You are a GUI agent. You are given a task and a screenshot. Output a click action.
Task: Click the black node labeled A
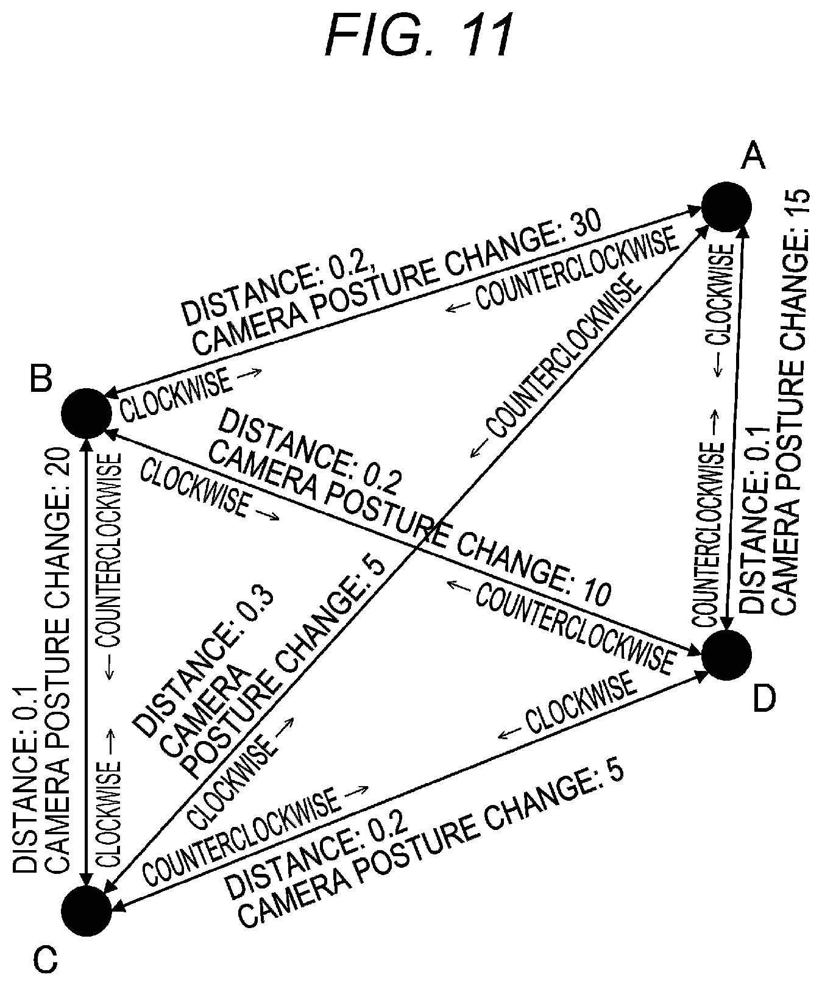click(x=726, y=207)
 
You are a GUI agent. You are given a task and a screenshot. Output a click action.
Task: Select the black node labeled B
click(x=87, y=413)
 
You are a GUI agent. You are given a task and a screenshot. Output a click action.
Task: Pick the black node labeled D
click(x=726, y=655)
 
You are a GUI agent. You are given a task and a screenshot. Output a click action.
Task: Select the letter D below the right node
click(x=764, y=698)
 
